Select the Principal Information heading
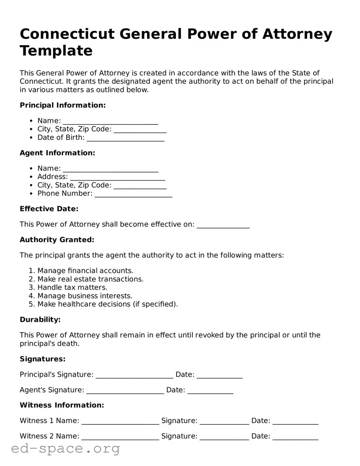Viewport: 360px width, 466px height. pos(63,105)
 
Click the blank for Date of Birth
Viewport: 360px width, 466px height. pos(126,138)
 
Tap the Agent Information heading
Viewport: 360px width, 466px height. pos(57,153)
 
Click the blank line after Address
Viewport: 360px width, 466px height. pos(117,177)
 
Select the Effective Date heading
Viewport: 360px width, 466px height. pos(49,209)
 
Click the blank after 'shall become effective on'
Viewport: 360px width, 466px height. pos(223,225)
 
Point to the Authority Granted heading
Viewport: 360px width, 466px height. pos(57,240)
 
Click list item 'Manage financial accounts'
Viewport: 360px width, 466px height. pos(85,271)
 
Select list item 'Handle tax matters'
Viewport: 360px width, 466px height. pos(72,288)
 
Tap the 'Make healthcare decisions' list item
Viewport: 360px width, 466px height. pos(107,304)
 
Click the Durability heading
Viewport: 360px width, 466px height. pos(40,320)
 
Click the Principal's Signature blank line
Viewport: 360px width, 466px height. pos(134,375)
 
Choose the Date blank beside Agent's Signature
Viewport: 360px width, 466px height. pos(210,390)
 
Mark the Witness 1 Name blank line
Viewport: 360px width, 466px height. pos(120,421)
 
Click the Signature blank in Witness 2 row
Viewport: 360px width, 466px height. pos(224,437)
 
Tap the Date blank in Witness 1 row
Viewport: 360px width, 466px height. pos(295,421)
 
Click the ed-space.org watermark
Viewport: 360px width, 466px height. pos(66,449)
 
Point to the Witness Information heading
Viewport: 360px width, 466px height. pos(62,405)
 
